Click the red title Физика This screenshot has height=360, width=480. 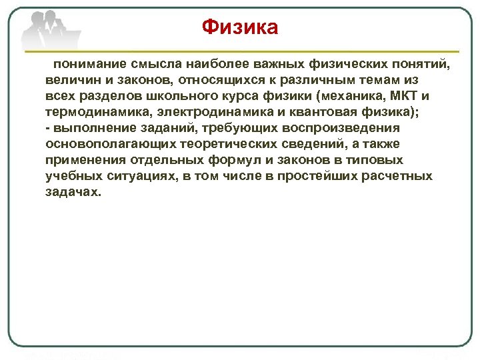(x=240, y=27)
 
